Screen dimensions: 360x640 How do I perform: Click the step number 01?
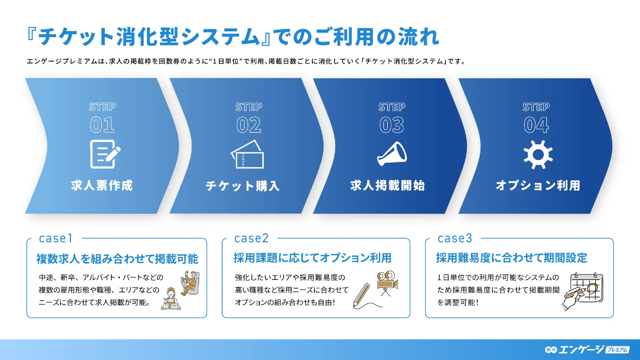pos(102,125)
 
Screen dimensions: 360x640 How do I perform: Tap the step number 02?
pos(249,125)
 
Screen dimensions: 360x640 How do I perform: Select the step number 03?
pos(392,125)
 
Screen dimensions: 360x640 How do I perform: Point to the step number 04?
pos(536,125)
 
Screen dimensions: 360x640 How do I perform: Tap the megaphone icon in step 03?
pos(392,154)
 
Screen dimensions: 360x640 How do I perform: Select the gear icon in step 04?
pos(538,155)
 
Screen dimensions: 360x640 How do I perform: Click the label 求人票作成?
pos(102,186)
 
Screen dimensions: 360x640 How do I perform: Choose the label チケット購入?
pos(243,186)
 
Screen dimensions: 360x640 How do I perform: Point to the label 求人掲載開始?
pos(388,186)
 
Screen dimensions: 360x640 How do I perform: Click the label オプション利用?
pos(538,186)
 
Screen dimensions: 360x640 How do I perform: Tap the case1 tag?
pos(56,238)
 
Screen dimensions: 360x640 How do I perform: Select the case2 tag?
pos(251,238)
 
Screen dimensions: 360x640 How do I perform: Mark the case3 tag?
pos(455,238)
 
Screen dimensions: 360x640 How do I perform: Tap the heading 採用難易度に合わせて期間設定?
pos(511,258)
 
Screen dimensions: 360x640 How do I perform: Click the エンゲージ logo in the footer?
pos(587,349)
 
